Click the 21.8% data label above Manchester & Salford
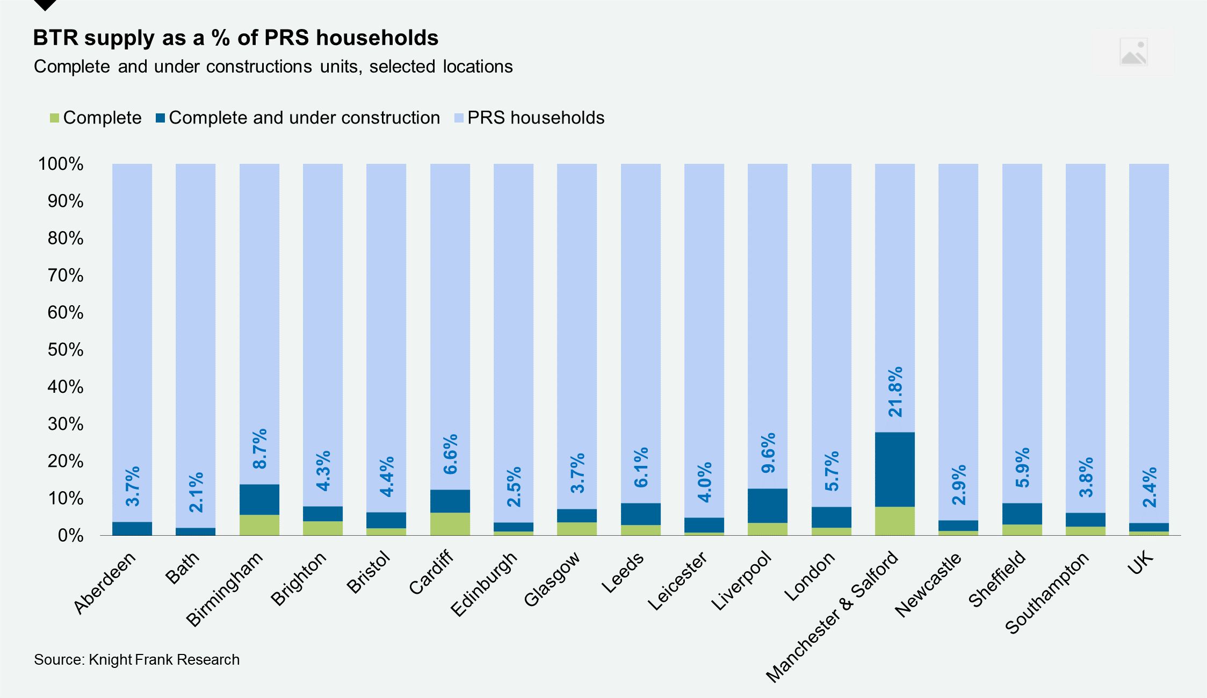(x=895, y=392)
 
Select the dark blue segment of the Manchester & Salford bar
(x=894, y=469)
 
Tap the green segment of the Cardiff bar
(x=450, y=523)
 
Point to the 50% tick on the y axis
(x=66, y=350)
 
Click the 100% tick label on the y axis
(x=61, y=164)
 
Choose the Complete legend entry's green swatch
(x=54, y=118)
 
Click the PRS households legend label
(x=536, y=118)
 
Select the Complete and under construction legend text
(x=304, y=118)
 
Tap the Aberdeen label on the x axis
(x=105, y=582)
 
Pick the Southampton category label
(x=1046, y=593)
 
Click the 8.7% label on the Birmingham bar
(x=259, y=449)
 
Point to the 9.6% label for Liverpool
(x=768, y=452)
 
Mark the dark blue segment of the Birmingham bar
(x=259, y=499)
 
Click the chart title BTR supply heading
(x=236, y=38)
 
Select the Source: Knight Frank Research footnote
(x=136, y=659)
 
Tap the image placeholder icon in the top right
(x=1133, y=52)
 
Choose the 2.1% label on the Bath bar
(x=196, y=492)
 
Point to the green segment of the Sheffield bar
(x=1022, y=529)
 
